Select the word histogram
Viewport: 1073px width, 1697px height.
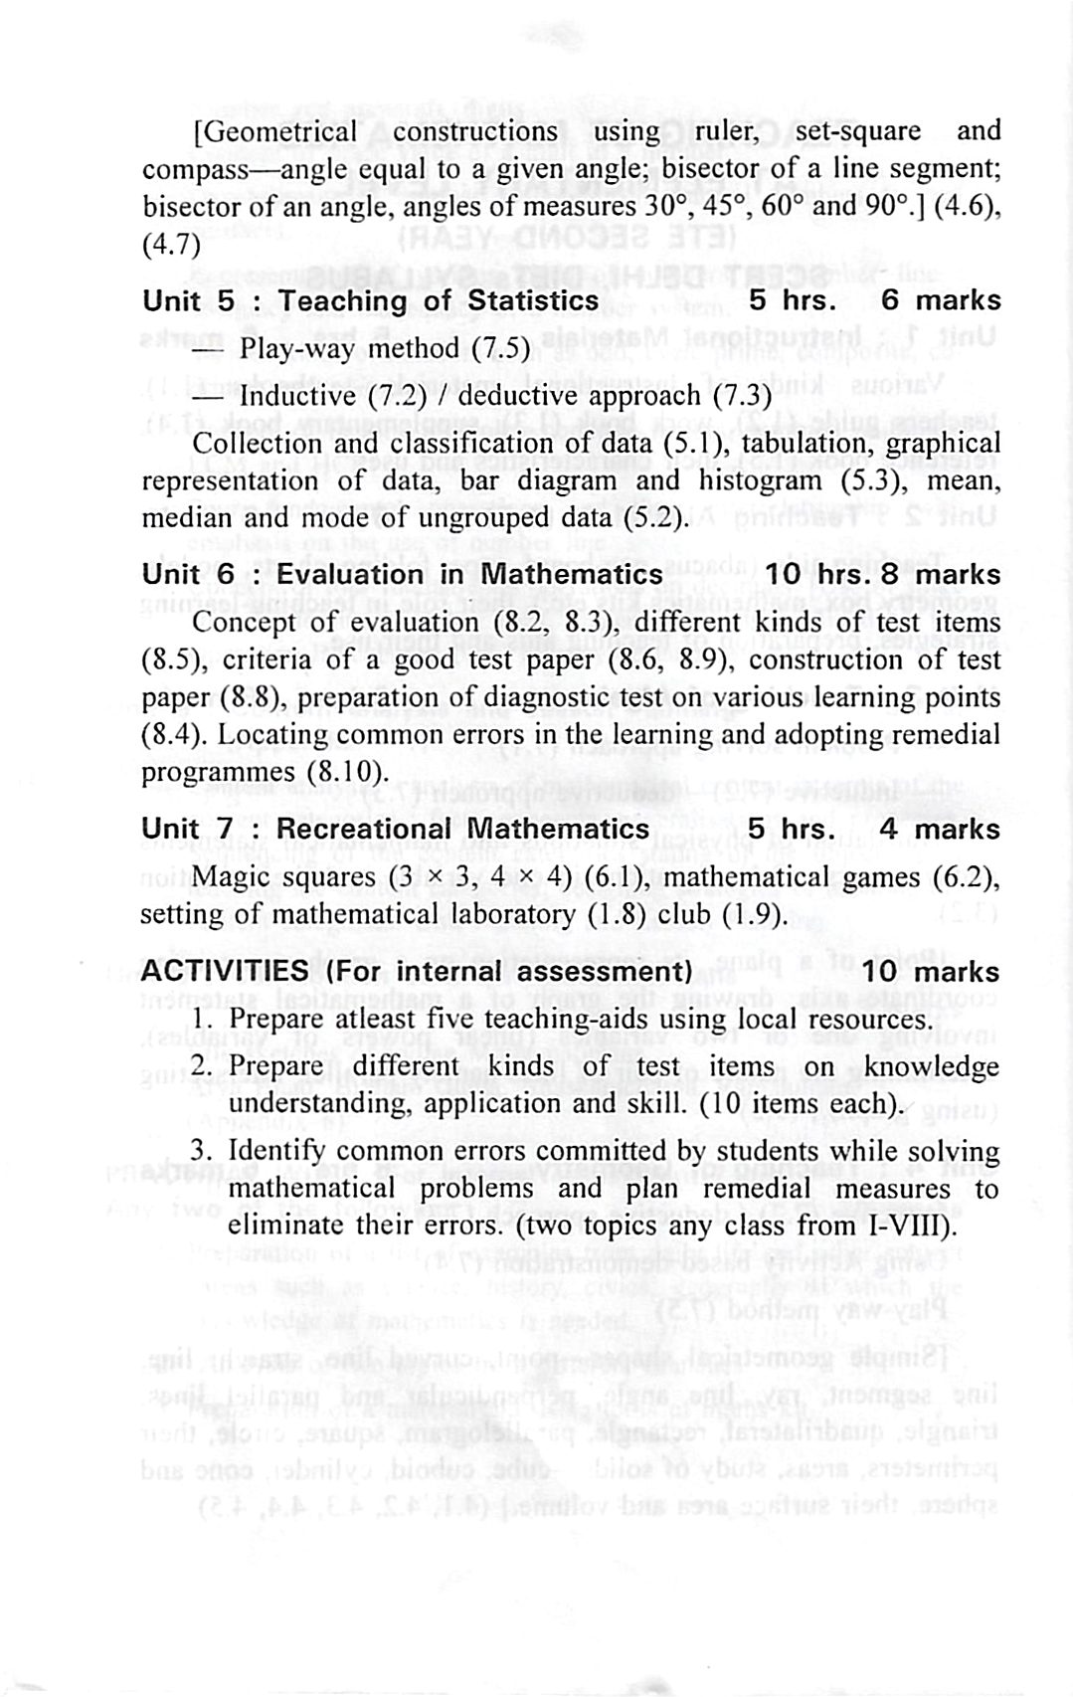pyautogui.click(x=757, y=481)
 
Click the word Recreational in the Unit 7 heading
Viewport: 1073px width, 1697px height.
pyautogui.click(x=363, y=829)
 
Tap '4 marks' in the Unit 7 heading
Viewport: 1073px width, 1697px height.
pyautogui.click(x=941, y=829)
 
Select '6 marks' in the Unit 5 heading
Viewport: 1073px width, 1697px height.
pyautogui.click(x=941, y=300)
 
